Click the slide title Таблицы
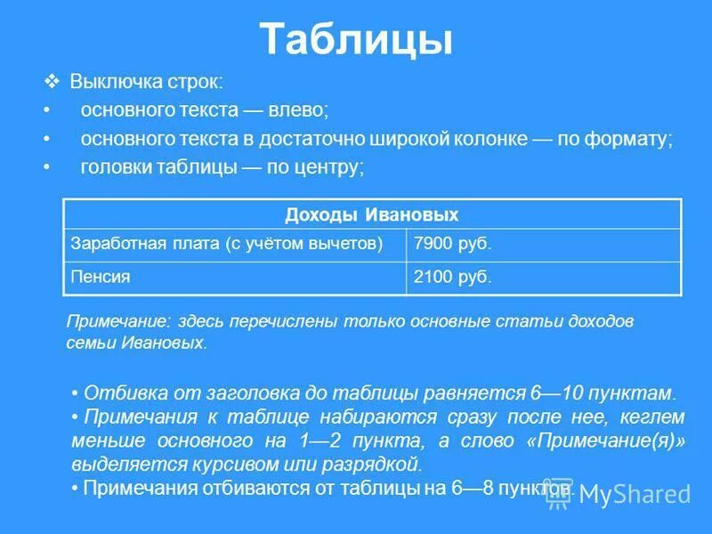tap(356, 40)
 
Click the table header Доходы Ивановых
tap(372, 214)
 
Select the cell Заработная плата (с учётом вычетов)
tap(227, 244)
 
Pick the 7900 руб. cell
tap(453, 244)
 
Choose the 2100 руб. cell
tap(453, 277)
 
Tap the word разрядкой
tap(378, 464)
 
